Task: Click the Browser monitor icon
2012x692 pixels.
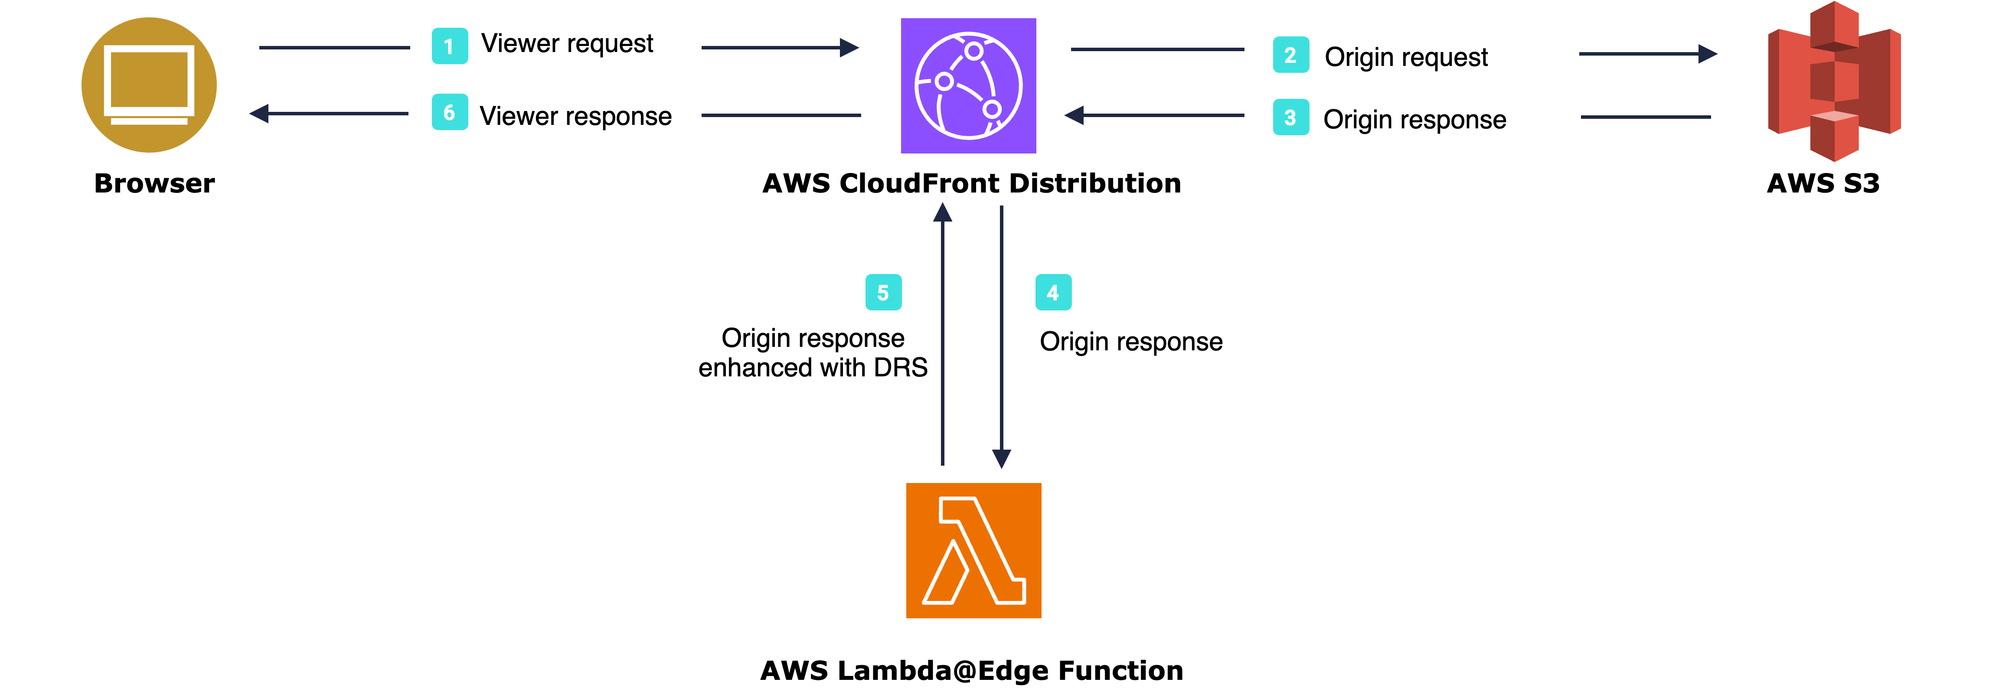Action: pyautogui.click(x=149, y=85)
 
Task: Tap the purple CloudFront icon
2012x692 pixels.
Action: pyautogui.click(x=969, y=86)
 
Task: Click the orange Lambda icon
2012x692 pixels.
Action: pyautogui.click(x=973, y=551)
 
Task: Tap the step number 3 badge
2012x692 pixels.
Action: pyautogui.click(x=1290, y=117)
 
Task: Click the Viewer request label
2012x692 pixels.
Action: pyautogui.click(x=567, y=44)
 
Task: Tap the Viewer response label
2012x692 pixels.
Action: pyautogui.click(x=576, y=116)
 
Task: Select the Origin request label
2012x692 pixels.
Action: pyautogui.click(x=1406, y=57)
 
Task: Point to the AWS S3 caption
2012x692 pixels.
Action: pyautogui.click(x=1823, y=183)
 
